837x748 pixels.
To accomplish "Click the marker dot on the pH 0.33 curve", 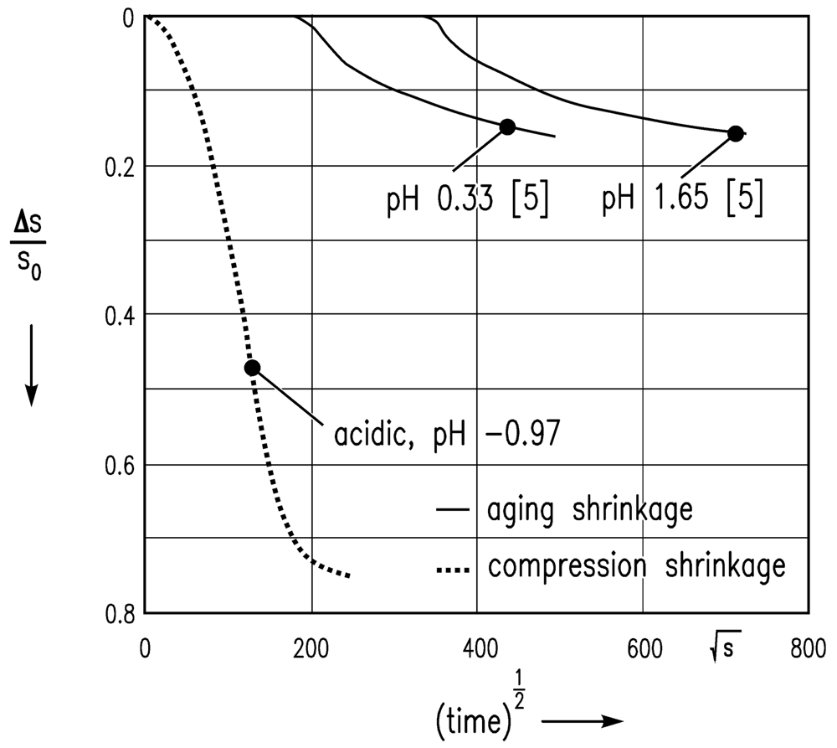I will point(507,126).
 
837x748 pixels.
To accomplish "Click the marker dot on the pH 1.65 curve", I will point(736,133).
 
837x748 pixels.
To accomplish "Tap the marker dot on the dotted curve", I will point(252,367).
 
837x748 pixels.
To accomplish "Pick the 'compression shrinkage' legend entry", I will point(610,566).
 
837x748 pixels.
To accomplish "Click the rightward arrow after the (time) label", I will point(583,720).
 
